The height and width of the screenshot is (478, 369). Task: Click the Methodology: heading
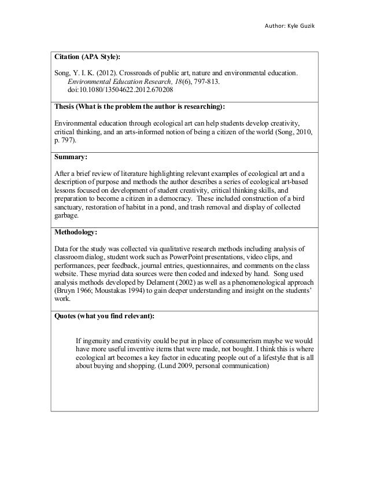coord(78,233)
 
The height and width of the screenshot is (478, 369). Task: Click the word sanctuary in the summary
coord(71,206)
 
